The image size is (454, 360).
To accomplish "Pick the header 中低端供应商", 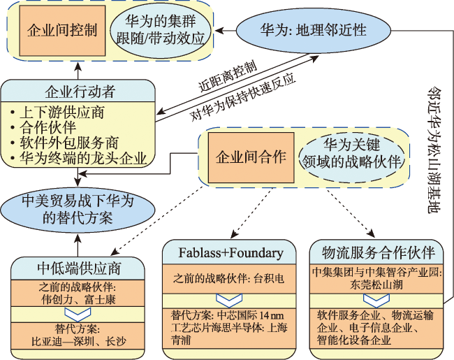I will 78,268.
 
